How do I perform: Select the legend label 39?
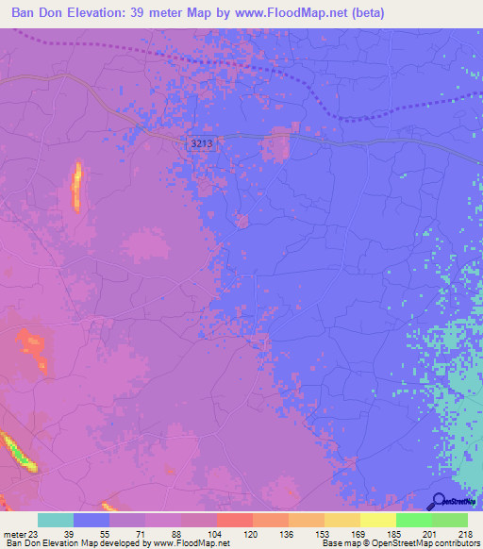[69, 533]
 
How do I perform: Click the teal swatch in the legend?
[56, 520]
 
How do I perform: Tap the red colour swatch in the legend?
[234, 520]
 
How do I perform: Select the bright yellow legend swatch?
[377, 520]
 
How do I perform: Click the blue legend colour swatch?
[92, 520]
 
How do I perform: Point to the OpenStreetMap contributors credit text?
[416, 543]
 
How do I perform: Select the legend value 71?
[141, 533]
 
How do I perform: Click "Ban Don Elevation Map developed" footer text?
[70, 543]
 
